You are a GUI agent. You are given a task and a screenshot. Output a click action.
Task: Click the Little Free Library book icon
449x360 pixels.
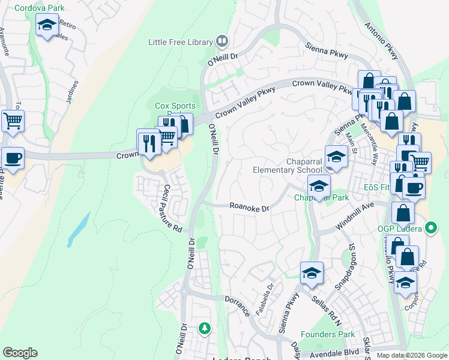coord(222,41)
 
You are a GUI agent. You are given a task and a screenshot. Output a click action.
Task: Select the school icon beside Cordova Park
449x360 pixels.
coord(47,25)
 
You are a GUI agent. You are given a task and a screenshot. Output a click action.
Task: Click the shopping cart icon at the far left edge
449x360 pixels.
coord(12,121)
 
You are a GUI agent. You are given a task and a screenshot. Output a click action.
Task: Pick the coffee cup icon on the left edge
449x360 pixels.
coord(12,158)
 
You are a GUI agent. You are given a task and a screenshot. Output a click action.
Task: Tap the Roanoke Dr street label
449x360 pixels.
coord(250,206)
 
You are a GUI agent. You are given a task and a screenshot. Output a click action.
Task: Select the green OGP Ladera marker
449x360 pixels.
coord(430,228)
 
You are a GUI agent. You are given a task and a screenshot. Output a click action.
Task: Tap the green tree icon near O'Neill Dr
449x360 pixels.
coord(205,328)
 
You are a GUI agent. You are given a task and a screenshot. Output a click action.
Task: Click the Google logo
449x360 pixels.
coord(20,353)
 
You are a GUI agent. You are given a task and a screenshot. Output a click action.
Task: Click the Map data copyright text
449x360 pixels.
coord(412,355)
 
